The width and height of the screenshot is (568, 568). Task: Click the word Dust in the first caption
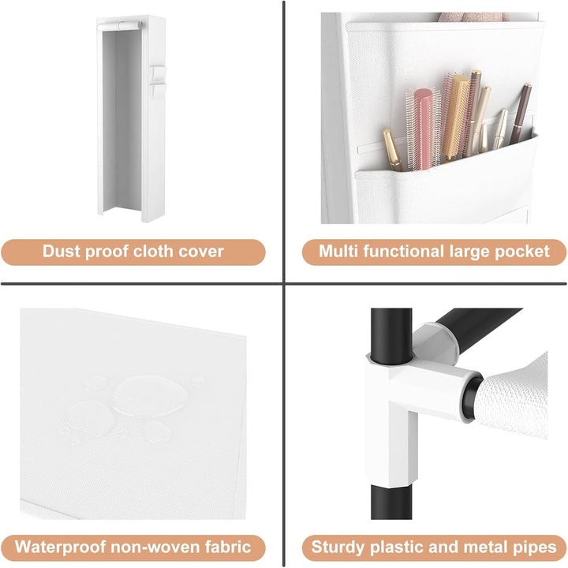(x=61, y=251)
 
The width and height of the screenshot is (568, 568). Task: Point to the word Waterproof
(x=60, y=547)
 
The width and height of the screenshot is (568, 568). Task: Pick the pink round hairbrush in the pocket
(x=422, y=129)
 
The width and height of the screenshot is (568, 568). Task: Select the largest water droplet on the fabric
(x=150, y=396)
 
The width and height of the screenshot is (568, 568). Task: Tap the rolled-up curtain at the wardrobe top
(x=120, y=26)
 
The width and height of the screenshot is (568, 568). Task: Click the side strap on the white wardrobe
(x=157, y=82)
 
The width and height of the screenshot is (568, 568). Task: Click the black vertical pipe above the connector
(x=391, y=335)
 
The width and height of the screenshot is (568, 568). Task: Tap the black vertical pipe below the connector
(x=391, y=502)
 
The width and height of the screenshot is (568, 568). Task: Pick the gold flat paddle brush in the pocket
(x=454, y=116)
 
